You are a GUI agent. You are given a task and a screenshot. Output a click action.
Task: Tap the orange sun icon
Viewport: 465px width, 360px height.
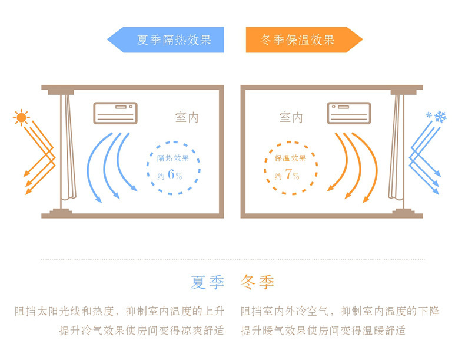coord(22,117)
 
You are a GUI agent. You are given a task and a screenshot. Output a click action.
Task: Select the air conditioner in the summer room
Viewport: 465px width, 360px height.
coord(115,113)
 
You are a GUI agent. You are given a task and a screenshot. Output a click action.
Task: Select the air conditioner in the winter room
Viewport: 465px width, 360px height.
coord(349,113)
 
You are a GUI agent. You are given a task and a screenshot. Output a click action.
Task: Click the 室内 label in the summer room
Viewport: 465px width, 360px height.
coord(187,117)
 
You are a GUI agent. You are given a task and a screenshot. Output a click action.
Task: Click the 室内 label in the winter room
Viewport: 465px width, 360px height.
coord(291,117)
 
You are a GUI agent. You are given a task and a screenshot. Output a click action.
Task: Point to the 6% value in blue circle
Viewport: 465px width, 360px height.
coord(175,174)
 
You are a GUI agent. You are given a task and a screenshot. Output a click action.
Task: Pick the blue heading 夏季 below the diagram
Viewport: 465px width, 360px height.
coord(208,282)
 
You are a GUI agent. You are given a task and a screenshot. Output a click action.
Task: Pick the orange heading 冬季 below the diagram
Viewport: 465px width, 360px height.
coord(258,282)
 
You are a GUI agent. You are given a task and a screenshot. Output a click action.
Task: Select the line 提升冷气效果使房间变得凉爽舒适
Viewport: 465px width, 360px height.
coord(141,330)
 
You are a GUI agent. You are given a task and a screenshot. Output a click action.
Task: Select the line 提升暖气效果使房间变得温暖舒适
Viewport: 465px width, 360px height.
coord(323,330)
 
